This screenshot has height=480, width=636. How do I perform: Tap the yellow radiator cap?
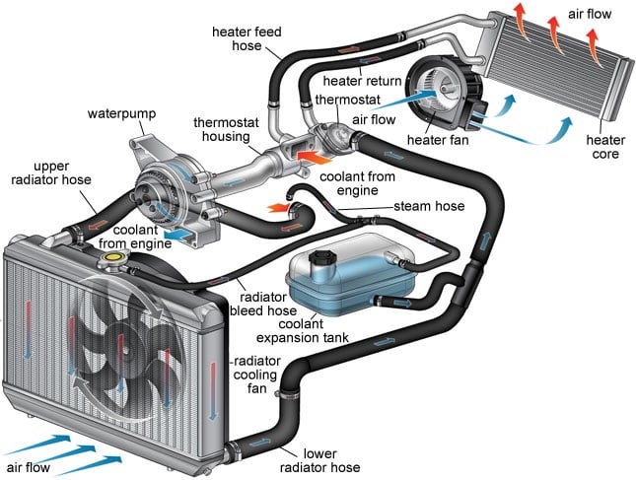tap(110, 258)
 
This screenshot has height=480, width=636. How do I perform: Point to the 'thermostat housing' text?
tap(225, 128)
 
